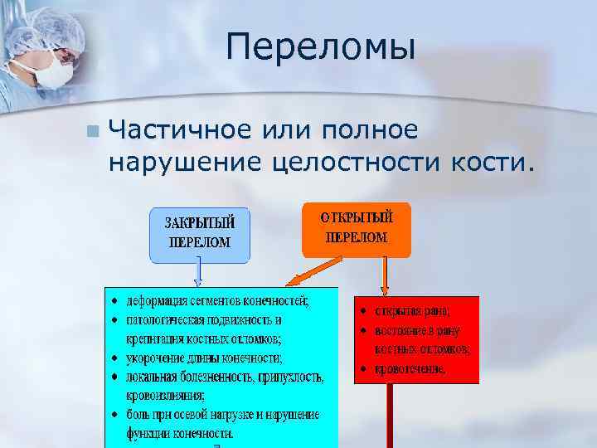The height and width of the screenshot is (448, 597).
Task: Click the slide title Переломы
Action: [320, 47]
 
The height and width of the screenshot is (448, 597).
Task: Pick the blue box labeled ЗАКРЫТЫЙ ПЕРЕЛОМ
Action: [199, 233]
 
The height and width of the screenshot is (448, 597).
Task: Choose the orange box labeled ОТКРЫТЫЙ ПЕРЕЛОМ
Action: [356, 227]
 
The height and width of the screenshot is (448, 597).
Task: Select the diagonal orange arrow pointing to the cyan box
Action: [306, 271]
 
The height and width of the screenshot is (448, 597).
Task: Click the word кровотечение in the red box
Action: [410, 368]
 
